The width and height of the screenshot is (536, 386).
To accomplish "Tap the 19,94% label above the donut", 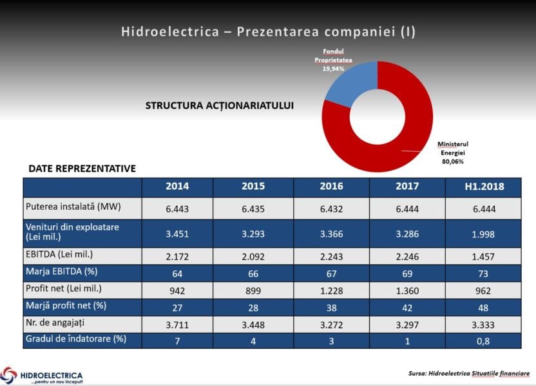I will (x=333, y=68).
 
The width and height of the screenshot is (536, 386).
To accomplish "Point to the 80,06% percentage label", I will (x=452, y=161).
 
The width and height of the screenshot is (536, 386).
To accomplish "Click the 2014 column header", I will (x=177, y=187).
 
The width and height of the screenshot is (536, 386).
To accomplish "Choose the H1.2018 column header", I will (x=483, y=187).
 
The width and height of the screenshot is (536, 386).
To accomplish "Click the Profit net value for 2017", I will (x=407, y=289).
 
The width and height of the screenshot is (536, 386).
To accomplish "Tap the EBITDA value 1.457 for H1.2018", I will (x=483, y=256).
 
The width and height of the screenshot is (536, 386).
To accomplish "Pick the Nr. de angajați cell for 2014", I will (x=177, y=324).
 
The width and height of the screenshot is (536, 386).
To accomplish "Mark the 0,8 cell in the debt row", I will (x=483, y=341).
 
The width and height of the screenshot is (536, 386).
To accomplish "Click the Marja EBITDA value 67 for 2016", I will (x=331, y=272).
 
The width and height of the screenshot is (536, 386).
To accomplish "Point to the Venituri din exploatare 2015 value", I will (x=253, y=234).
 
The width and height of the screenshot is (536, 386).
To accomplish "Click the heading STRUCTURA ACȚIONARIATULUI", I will (x=220, y=106).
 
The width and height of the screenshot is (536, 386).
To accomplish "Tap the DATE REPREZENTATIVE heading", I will (x=82, y=169).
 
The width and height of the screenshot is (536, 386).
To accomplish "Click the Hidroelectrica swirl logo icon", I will (x=10, y=374).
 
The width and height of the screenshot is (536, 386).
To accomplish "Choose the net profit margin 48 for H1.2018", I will (x=483, y=306).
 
